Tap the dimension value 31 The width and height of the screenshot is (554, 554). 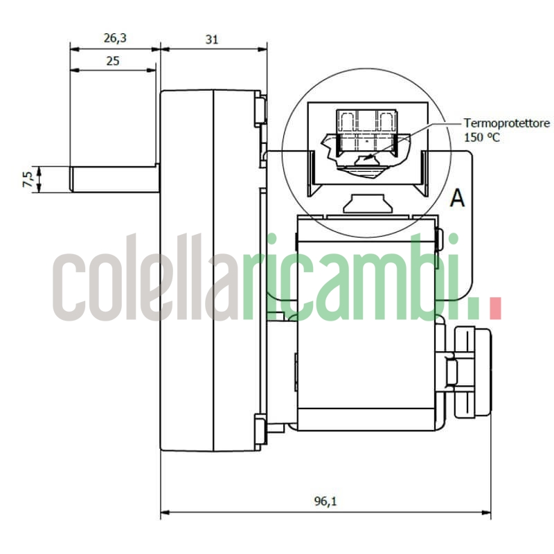212,39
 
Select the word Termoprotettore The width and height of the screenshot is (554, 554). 507,123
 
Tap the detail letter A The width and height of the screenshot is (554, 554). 457,199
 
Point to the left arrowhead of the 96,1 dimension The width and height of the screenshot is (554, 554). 165,514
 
